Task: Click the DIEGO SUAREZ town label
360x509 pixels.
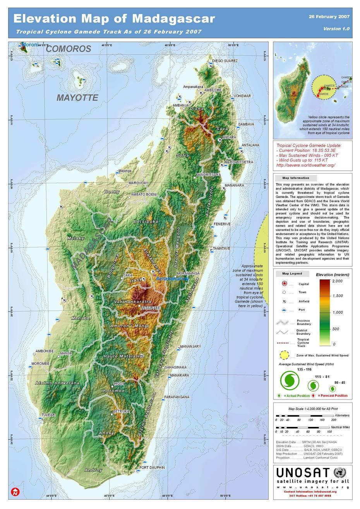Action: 225,61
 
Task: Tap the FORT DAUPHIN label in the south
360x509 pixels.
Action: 152,468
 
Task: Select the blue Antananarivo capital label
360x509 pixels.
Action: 172,279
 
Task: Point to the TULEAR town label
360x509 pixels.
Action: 48,415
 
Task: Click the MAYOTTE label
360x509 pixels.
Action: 77,98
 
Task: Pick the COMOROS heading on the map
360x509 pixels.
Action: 69,49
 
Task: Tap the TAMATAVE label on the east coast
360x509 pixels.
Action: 221,248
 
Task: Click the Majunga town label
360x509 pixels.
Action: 125,171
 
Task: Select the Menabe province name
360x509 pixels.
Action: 81,318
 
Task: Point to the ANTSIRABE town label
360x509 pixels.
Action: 151,308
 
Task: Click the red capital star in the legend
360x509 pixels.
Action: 284,284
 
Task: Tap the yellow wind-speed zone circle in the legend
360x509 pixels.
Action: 284,355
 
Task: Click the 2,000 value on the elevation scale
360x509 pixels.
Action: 337,281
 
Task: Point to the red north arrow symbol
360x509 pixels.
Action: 15,492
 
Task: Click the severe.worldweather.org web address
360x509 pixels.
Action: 306,165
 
